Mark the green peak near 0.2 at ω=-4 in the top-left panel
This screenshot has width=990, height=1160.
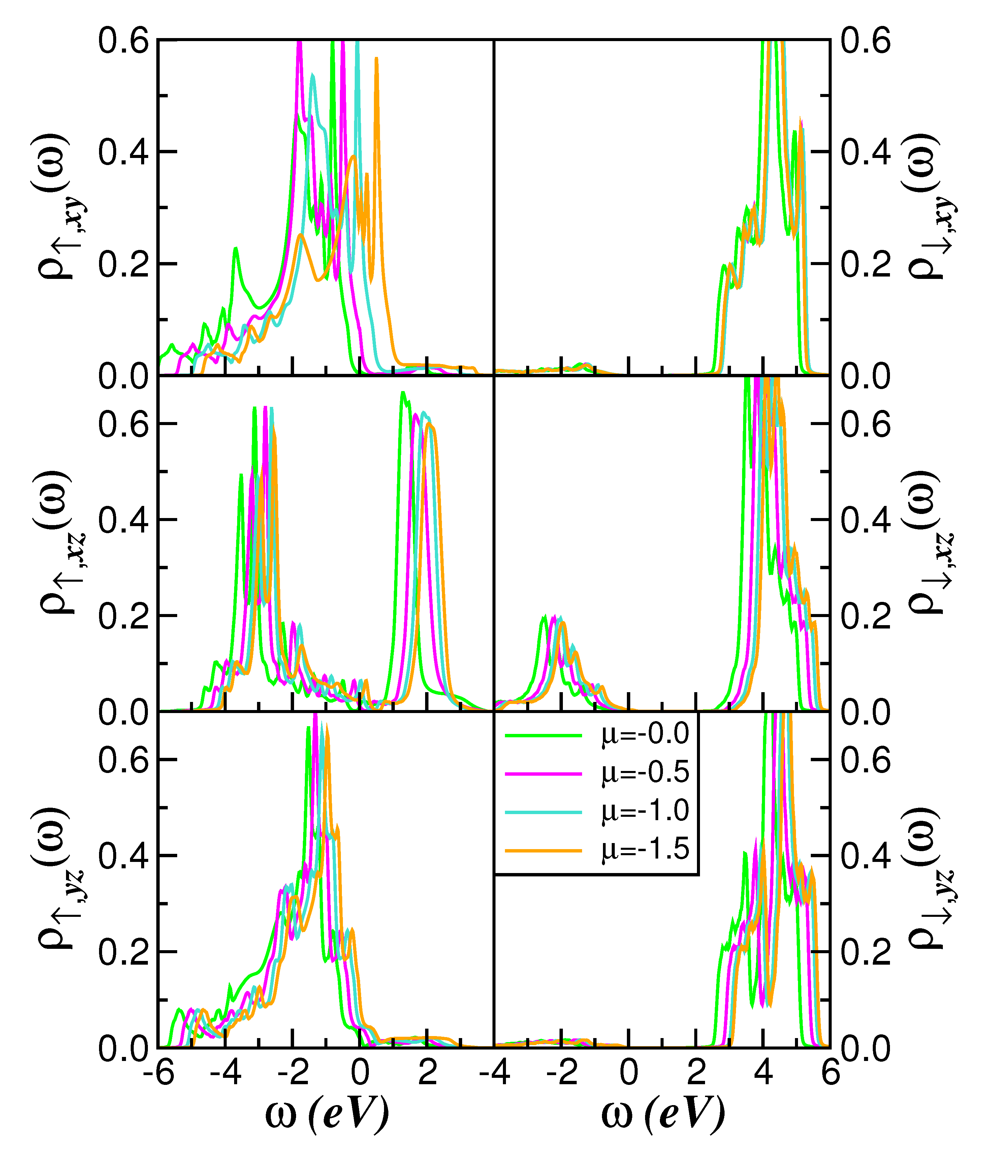(236, 248)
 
